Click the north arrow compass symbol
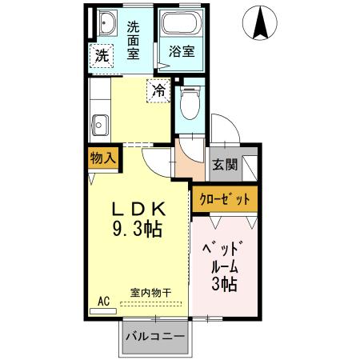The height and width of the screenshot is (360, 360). (x=261, y=24)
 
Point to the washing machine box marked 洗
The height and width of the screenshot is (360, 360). (x=102, y=55)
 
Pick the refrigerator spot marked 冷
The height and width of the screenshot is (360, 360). (x=159, y=91)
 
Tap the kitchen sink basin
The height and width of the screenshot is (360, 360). (x=100, y=125)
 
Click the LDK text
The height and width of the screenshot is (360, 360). (x=136, y=208)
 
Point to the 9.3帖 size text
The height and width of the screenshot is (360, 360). (x=136, y=230)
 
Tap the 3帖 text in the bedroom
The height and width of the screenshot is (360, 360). (x=224, y=284)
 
